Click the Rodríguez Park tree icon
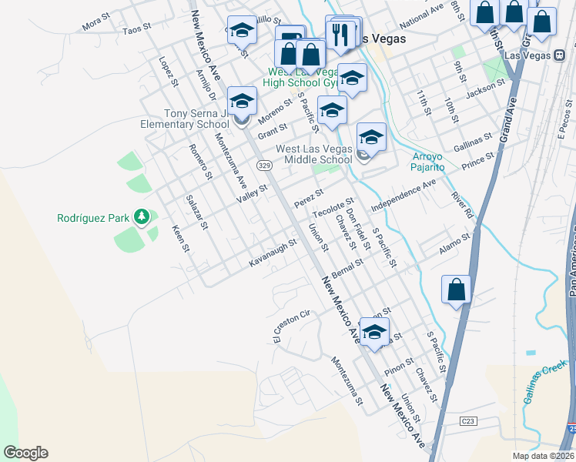click(141, 218)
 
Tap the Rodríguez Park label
click(93, 218)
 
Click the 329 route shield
click(264, 166)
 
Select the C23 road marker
click(468, 421)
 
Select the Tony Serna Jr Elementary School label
click(185, 119)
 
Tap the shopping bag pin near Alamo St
click(457, 290)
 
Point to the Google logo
click(25, 453)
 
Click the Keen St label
click(180, 238)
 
